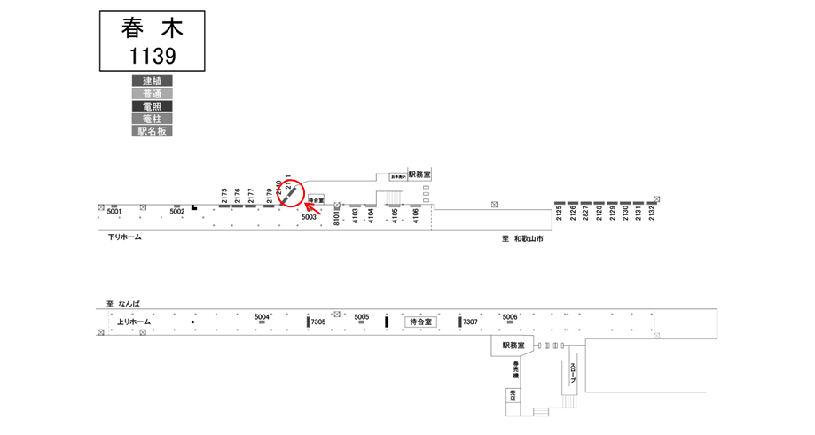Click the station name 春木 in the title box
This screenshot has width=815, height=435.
click(x=152, y=29)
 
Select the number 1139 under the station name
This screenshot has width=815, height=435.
click(x=152, y=56)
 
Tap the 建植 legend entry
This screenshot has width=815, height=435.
click(x=152, y=81)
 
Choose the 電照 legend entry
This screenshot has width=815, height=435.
click(x=152, y=105)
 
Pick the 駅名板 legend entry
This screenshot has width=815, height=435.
click(x=152, y=130)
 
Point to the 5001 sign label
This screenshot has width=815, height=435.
click(x=114, y=212)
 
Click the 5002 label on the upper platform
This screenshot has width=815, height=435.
click(x=177, y=212)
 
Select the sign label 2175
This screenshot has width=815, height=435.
click(x=224, y=195)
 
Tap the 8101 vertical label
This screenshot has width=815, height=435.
click(x=337, y=217)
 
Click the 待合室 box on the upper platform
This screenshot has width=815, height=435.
click(x=316, y=200)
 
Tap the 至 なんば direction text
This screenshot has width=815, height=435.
click(x=124, y=304)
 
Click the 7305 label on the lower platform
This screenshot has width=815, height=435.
click(x=319, y=322)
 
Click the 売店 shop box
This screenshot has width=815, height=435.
click(x=513, y=395)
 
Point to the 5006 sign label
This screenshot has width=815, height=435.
click(x=510, y=316)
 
